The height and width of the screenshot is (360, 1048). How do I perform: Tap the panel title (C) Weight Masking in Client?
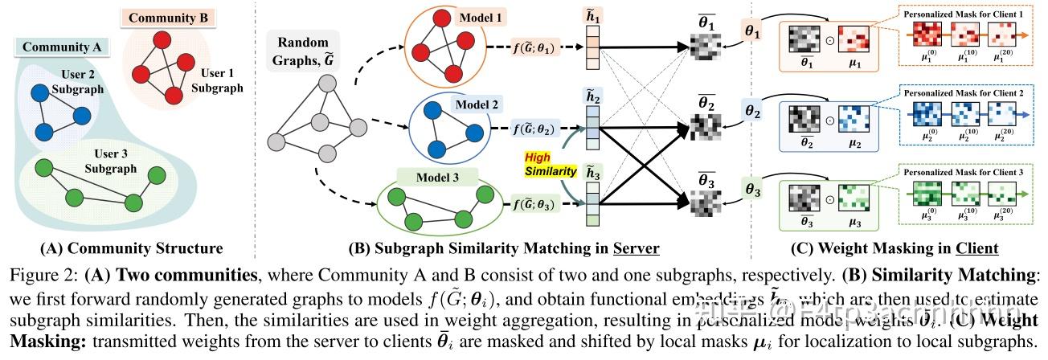[x=899, y=248]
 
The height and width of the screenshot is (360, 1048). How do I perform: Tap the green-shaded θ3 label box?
[x=752, y=190]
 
